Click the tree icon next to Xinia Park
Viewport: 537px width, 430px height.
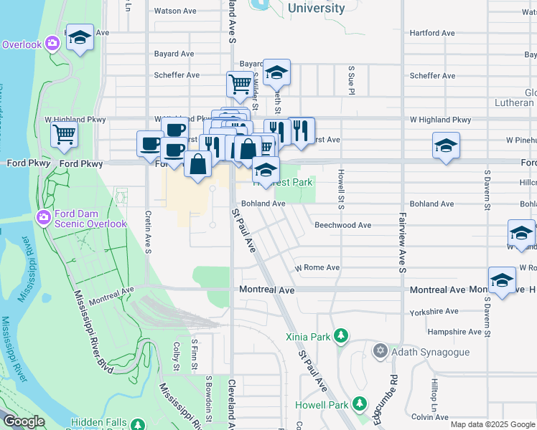coord(342,335)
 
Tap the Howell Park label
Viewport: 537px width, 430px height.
coord(321,405)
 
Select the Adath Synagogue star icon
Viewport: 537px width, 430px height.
coord(380,351)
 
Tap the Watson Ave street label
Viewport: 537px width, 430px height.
coord(175,11)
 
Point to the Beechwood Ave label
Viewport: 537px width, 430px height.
coord(342,225)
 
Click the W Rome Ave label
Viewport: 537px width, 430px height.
coord(317,268)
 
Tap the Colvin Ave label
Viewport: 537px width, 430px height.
coord(430,416)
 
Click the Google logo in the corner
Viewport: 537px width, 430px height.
coord(24,421)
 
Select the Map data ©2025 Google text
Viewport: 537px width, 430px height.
coord(492,424)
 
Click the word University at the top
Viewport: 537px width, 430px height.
coord(316,9)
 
